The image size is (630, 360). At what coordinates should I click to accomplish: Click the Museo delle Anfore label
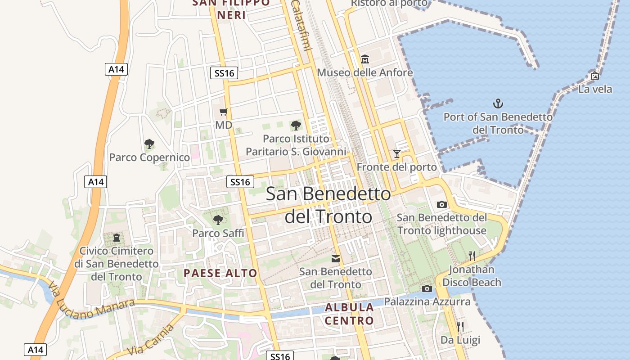pos(364,72)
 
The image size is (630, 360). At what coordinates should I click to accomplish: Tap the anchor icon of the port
pos(498,104)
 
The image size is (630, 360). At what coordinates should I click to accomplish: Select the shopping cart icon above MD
pos(223,112)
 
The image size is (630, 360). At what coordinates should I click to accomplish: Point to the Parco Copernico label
pos(149,157)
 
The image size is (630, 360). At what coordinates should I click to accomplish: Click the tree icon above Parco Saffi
pos(218,220)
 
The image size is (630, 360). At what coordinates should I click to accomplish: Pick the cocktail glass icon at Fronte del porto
pos(396,154)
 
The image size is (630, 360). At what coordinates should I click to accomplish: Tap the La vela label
pos(595,89)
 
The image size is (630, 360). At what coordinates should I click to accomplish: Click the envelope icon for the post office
pos(336,259)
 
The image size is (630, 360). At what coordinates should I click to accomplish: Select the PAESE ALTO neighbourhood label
pos(220,273)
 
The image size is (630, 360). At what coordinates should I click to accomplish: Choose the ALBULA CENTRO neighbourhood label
pos(349,314)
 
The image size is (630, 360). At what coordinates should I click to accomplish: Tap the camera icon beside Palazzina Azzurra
pos(427,288)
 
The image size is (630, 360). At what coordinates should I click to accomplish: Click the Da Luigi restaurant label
pos(460,340)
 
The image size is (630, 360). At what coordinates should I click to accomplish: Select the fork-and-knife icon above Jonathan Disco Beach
pos(472,256)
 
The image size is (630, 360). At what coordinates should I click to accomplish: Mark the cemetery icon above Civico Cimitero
pos(117,237)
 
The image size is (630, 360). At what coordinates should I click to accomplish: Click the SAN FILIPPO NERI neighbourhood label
pos(231,9)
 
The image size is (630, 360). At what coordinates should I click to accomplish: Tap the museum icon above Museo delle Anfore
pos(364,59)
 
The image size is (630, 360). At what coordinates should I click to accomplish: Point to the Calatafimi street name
pos(301,24)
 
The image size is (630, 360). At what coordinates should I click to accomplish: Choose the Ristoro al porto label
pos(389,4)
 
